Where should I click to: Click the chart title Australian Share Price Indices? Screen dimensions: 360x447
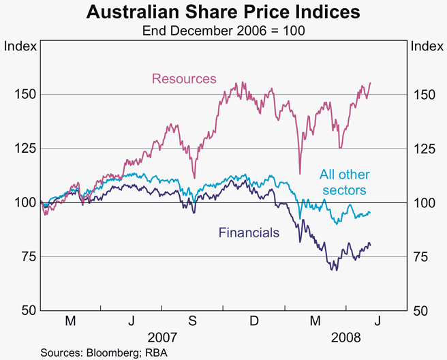coord(223,12)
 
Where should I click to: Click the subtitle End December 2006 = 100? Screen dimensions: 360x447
coord(223,31)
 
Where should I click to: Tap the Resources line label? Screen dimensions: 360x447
coord(184,78)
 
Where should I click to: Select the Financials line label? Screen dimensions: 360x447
coord(249,232)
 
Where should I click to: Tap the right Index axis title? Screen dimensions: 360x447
coord(426,46)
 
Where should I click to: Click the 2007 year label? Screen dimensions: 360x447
coord(163,337)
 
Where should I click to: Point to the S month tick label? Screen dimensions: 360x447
coord(192,320)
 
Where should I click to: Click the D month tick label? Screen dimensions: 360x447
coord(253,320)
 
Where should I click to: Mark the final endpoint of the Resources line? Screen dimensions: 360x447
coord(370,83)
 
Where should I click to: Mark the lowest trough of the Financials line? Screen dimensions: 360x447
coord(335,271)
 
